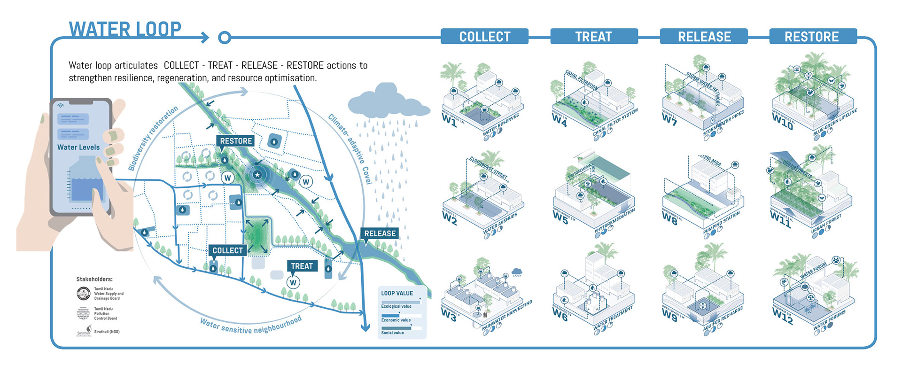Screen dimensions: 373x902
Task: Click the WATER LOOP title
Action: pos(125,29)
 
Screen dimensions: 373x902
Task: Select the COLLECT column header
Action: pos(484,37)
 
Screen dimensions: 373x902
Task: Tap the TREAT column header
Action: pos(593,37)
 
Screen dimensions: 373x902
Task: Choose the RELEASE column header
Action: pos(704,37)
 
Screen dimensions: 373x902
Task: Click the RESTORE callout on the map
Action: pos(236,141)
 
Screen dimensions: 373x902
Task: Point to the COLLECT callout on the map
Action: pos(227,250)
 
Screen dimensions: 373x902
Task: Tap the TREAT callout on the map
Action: pos(302,266)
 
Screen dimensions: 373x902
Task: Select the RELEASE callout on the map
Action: pos(380,233)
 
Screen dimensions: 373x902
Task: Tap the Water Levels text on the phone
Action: pos(78,148)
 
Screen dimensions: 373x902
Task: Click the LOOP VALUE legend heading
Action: pos(397,293)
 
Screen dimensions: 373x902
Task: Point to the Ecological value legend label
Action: pos(396,306)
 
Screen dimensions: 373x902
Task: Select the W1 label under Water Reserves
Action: pos(449,120)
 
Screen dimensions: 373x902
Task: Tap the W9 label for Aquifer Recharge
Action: pos(669,314)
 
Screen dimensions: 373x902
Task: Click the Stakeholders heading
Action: pos(94,279)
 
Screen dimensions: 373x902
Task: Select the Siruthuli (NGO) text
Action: pos(107,332)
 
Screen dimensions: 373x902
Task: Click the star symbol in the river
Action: pos(257,175)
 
